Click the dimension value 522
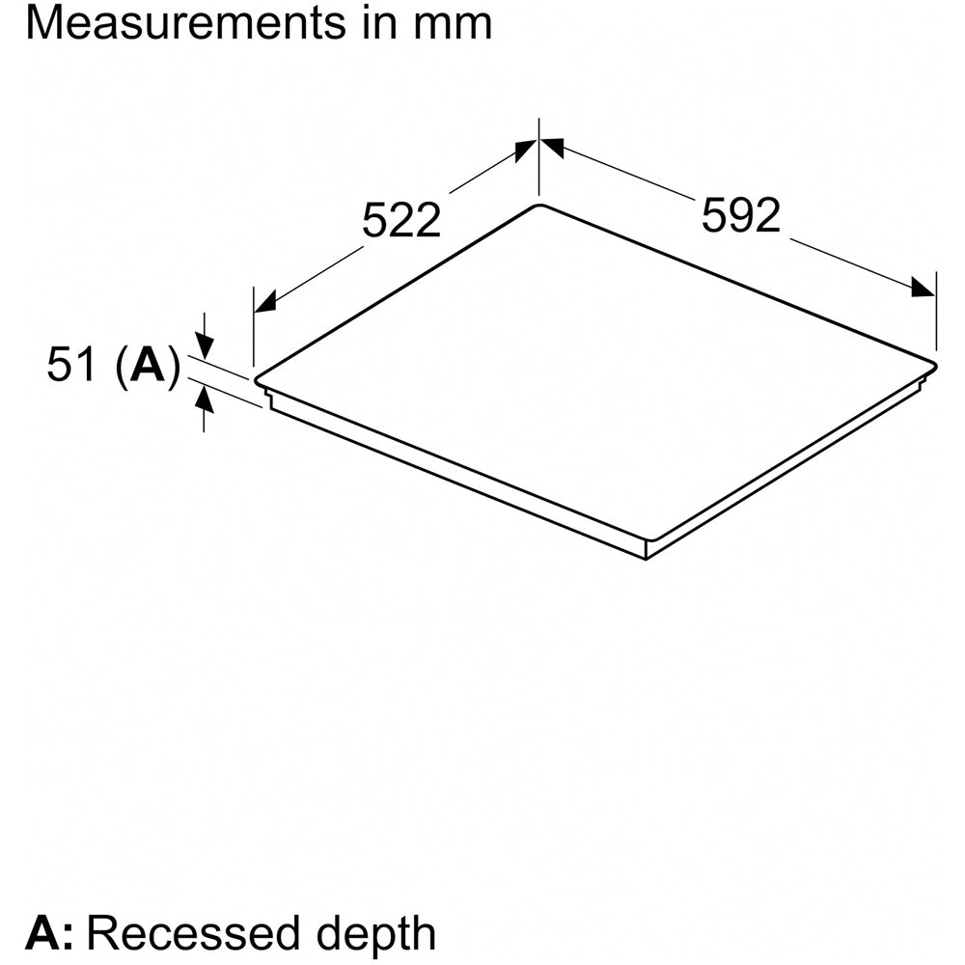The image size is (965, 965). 401,220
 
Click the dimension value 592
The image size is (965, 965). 741,215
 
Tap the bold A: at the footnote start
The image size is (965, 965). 48,933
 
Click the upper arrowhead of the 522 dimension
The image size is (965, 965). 525,150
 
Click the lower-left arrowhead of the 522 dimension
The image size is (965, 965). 265,302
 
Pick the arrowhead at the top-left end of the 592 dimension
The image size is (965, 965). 552,147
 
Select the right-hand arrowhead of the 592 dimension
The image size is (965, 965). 924,288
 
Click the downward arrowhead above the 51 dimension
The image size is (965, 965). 205,346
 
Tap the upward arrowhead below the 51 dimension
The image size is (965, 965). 205,401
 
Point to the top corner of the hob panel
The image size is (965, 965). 539,205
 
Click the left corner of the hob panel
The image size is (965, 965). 256,378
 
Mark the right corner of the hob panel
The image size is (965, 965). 936,366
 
